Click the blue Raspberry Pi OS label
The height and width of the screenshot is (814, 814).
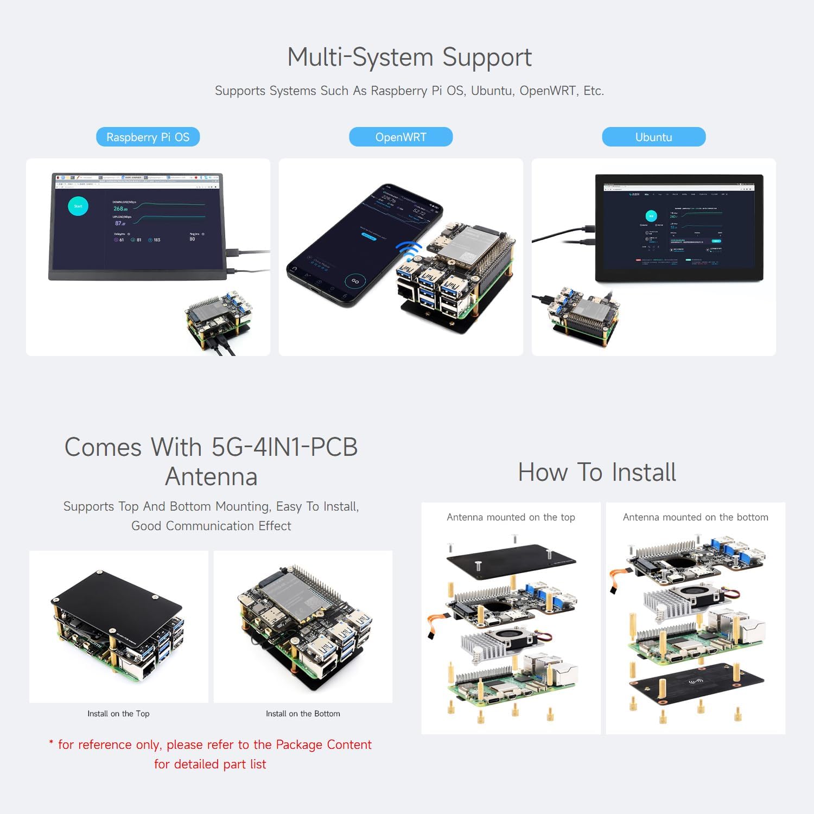click(x=148, y=137)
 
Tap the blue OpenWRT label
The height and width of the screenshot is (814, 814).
click(x=400, y=137)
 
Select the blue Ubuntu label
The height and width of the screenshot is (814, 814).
click(x=653, y=137)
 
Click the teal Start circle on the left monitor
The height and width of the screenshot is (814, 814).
click(x=78, y=206)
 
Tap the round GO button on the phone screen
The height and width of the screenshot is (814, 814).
click(x=355, y=281)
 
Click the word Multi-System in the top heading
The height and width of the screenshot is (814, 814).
click(x=361, y=57)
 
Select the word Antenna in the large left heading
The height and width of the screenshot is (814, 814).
click(x=211, y=476)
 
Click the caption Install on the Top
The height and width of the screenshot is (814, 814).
click(x=118, y=714)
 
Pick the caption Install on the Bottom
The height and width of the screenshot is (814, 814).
click(x=303, y=714)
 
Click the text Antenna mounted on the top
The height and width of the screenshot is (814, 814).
click(x=511, y=517)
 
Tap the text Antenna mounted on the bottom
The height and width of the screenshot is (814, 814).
click(x=695, y=517)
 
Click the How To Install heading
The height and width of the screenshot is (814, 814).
click(x=597, y=472)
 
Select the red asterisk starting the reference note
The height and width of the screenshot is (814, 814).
click(x=51, y=743)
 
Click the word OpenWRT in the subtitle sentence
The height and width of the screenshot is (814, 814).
click(x=547, y=91)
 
